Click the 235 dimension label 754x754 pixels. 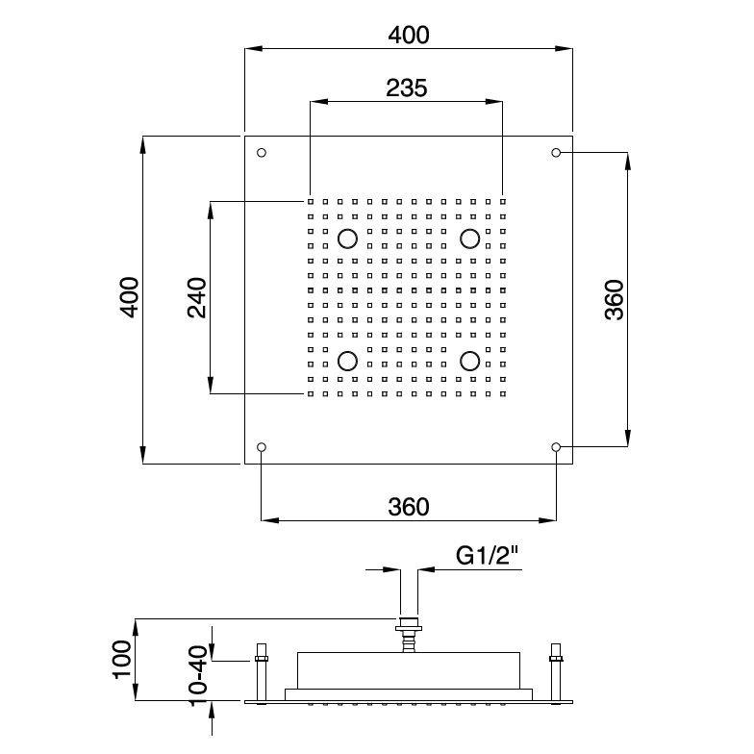(406, 88)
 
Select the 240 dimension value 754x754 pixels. (196, 298)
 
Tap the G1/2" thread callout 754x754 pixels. (488, 556)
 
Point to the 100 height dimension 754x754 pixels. (122, 660)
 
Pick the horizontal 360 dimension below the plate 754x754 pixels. (408, 507)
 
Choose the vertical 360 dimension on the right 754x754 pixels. (614, 300)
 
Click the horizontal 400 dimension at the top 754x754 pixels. (409, 35)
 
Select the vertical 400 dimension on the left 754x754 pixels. (129, 297)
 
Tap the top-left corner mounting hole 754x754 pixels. (262, 153)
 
